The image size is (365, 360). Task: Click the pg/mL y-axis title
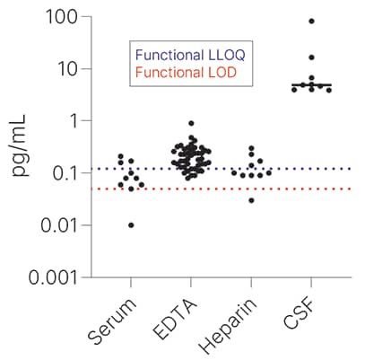click(20, 146)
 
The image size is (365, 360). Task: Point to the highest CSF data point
click(311, 21)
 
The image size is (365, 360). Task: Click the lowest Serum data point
click(131, 224)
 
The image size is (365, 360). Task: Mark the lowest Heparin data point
click(251, 200)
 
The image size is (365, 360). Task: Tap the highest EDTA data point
click(191, 123)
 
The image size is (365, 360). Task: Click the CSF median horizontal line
click(311, 85)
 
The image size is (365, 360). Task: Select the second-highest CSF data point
click(311, 57)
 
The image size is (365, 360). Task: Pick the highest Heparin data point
click(251, 148)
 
